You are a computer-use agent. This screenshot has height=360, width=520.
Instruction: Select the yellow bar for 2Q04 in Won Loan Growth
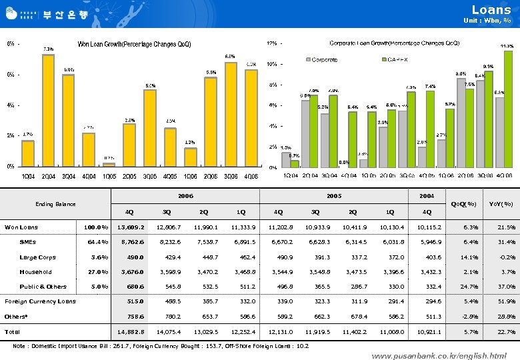click(48, 110)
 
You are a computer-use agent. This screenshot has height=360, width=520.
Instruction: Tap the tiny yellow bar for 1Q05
click(108, 164)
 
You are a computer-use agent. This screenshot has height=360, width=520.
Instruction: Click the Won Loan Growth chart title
click(134, 44)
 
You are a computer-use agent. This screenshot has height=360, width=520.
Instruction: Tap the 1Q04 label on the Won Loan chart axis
click(27, 175)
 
